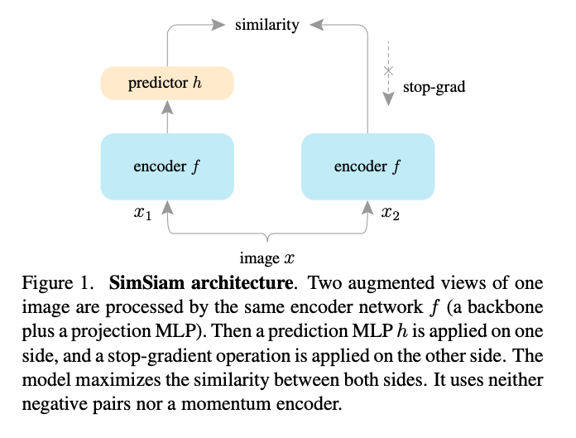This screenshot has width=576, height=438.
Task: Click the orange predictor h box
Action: tap(167, 83)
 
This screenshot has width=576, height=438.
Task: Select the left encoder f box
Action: tap(167, 166)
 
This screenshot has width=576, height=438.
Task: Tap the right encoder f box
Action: tap(368, 166)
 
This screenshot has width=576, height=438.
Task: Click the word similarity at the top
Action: tap(267, 25)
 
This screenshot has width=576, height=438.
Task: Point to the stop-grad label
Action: tap(434, 87)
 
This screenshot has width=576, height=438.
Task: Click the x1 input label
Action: tap(143, 213)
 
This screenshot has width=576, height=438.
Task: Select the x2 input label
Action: tap(391, 213)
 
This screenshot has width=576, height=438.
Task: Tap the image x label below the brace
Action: tap(267, 258)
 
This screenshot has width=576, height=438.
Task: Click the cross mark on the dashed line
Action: tap(388, 70)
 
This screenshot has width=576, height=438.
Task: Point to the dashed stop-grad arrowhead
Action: tap(388, 99)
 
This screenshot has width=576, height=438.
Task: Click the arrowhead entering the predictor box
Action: tap(167, 108)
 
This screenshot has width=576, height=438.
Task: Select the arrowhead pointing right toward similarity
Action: tap(218, 25)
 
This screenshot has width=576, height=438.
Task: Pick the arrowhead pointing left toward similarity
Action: tap(316, 25)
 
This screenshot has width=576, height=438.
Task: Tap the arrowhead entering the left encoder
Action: tap(167, 208)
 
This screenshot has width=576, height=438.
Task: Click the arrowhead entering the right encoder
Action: tap(367, 208)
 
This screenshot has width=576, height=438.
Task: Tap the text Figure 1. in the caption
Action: tap(58, 283)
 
